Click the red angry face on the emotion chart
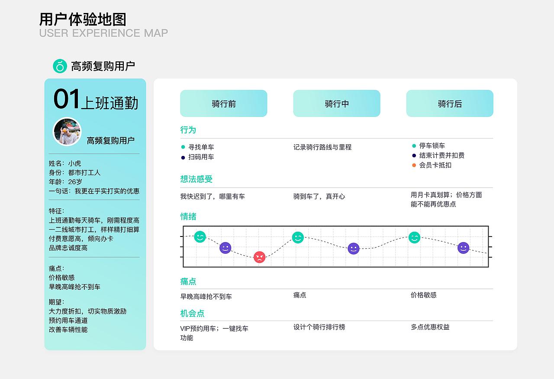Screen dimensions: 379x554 click(259, 257)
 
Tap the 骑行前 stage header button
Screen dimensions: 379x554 click(223, 104)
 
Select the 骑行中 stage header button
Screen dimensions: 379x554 click(336, 104)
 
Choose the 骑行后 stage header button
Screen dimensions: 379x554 click(449, 104)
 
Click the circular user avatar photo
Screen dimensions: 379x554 click(67, 132)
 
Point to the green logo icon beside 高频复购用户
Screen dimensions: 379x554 click(60, 66)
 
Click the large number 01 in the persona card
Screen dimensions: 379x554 click(67, 99)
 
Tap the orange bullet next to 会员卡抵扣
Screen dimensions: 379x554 click(414, 165)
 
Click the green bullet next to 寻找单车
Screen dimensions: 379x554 click(183, 147)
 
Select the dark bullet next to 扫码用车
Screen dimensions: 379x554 click(183, 157)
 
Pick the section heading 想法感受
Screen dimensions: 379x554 click(196, 179)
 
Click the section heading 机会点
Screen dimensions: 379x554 click(192, 313)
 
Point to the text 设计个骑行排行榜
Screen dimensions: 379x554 click(319, 327)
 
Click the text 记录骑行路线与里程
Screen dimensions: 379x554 click(322, 147)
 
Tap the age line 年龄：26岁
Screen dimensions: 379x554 click(65, 182)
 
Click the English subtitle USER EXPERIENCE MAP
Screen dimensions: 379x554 click(103, 33)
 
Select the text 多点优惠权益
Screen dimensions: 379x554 click(430, 327)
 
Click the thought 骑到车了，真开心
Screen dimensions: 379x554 click(319, 196)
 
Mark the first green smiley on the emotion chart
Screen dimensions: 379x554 click(200, 236)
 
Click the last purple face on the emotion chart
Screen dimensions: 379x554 click(463, 248)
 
